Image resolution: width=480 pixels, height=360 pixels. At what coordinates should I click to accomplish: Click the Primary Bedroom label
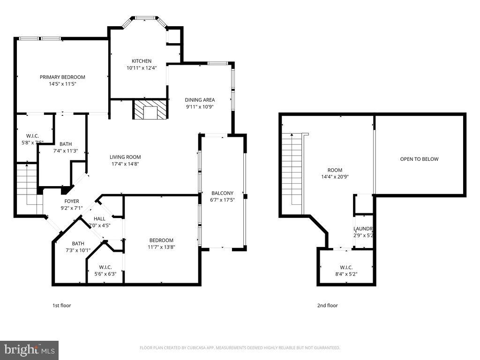coord(62,77)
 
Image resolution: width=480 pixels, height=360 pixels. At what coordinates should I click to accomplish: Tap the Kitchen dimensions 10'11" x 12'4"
coord(141,67)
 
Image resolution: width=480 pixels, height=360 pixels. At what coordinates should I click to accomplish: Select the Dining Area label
coord(200,99)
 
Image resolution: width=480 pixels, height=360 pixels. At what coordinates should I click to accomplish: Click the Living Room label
coord(125,157)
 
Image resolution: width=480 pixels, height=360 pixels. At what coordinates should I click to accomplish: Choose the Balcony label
coord(222,193)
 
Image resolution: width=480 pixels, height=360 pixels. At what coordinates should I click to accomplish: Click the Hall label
coord(99,218)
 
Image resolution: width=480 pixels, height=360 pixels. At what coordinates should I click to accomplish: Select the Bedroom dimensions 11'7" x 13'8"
coord(161,247)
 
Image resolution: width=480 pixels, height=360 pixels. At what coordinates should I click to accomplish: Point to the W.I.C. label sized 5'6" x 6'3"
coord(105,267)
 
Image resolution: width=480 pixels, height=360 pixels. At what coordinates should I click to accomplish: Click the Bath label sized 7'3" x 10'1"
coord(78,243)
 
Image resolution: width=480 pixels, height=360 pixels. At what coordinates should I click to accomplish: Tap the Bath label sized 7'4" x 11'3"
coord(66,144)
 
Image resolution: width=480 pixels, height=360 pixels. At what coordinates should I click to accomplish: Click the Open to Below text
coord(419,159)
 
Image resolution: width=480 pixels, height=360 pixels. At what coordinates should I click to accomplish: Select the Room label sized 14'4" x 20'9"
coord(335,170)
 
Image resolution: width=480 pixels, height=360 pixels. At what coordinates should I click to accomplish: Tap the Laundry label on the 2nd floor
coord(363,229)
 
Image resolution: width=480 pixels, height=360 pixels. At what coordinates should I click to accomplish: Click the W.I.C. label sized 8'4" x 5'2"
coord(346,267)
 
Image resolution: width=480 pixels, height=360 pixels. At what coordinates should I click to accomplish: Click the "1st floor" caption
coord(61,305)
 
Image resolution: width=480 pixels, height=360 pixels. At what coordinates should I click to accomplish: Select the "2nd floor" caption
coord(327,305)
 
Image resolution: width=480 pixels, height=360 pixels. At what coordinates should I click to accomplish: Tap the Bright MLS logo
coord(29,350)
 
